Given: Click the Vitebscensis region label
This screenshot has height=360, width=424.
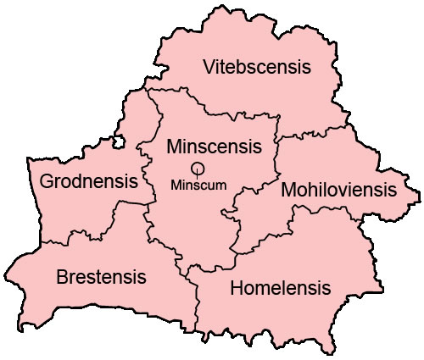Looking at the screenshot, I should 257,67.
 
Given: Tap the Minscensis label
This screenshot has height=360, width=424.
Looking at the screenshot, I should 209,145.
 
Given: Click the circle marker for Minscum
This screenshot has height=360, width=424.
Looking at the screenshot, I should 198,169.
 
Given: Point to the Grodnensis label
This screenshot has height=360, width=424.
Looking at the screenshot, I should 89,181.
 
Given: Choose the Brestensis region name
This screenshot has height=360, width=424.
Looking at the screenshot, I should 101,277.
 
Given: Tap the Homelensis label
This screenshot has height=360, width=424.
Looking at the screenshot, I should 281,288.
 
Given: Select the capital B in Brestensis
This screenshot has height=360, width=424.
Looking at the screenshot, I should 62,277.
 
